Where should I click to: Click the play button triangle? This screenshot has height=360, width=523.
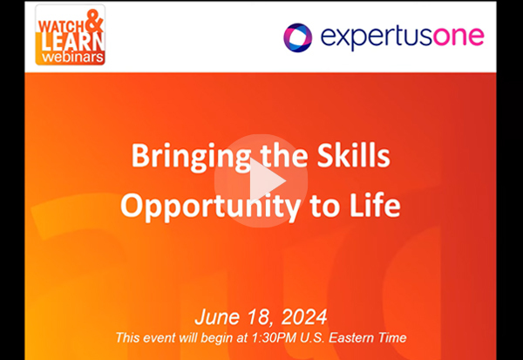264,181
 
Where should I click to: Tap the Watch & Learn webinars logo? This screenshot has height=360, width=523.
70,35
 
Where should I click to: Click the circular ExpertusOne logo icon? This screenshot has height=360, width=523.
297,37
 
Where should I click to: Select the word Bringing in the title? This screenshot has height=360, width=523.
190,157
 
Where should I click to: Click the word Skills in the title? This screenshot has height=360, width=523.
354,155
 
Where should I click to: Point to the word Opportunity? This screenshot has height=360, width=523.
210,207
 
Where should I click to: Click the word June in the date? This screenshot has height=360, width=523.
217,316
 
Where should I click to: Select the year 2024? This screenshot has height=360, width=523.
304,317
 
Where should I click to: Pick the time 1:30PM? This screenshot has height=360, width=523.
274,337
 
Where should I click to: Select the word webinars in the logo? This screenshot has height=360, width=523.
72,57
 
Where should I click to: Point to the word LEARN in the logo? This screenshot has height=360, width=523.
73,42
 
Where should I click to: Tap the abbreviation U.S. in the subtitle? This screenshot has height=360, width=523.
312,337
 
